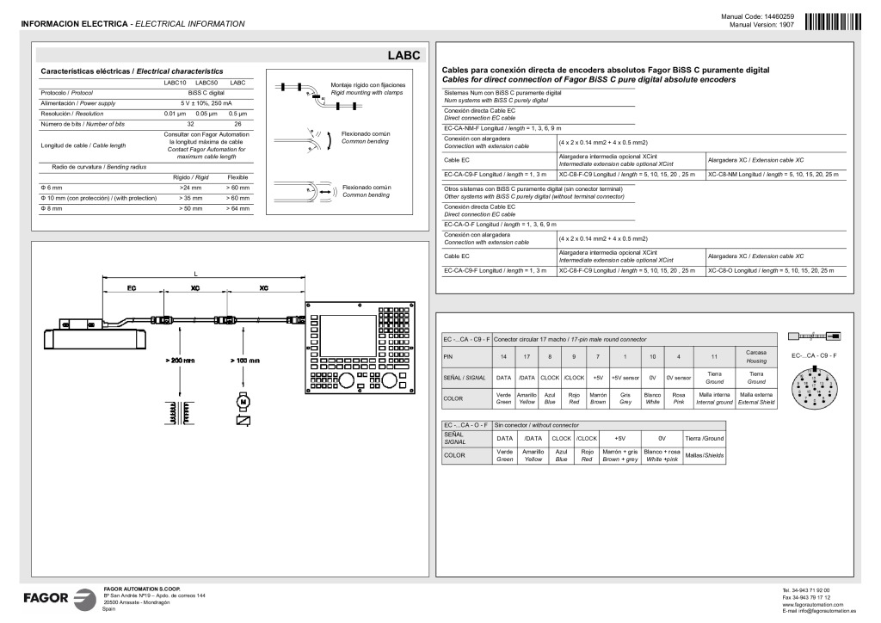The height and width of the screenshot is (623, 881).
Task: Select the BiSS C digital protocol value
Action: [206, 91]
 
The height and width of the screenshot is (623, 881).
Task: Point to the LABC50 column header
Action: [206, 82]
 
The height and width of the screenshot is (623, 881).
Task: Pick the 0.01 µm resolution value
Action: [176, 114]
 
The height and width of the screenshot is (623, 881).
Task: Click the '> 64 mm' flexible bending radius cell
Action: [237, 208]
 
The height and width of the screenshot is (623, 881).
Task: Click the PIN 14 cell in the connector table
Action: [503, 356]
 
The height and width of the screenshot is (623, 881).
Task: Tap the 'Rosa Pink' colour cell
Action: [678, 398]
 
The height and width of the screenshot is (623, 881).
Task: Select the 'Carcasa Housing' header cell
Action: [756, 356]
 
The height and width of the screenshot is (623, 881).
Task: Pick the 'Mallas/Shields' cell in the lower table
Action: [704, 455]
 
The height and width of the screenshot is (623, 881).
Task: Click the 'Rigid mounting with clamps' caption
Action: [367, 89]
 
